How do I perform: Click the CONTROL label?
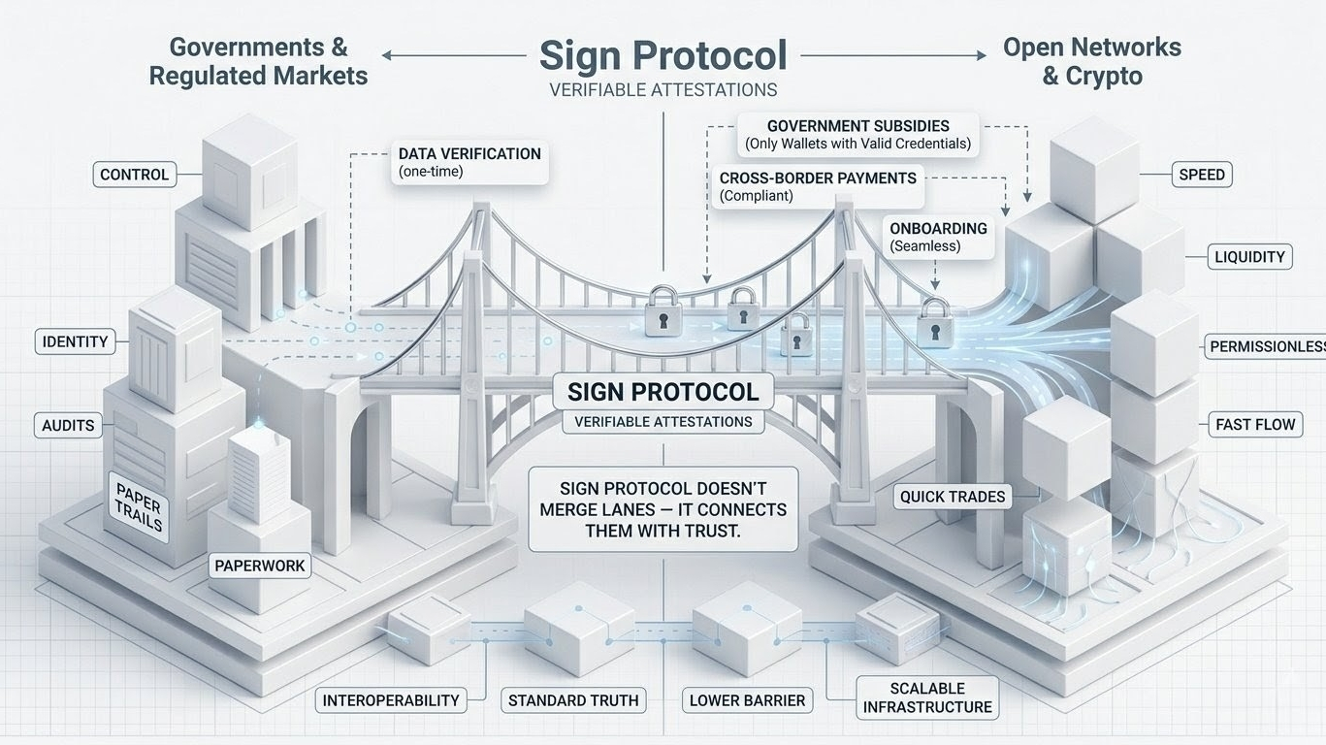coord(135,175)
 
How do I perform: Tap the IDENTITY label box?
coord(75,341)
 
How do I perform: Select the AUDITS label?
coord(68,425)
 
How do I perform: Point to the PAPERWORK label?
coord(260,566)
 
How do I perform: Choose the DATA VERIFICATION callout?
coord(469,162)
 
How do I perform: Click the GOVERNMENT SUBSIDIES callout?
coord(857,135)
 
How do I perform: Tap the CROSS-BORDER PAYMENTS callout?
coord(818,186)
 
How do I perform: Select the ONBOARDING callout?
coord(938,237)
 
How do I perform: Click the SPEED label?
coord(1202,175)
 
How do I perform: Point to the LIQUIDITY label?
coord(1249,257)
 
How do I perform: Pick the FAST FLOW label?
coord(1255,424)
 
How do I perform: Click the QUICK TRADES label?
coord(953,497)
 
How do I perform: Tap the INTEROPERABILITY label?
coord(391,700)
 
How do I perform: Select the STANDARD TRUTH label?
coord(573,700)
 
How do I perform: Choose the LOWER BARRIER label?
coord(747,700)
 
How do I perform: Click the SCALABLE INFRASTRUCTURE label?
coord(927,697)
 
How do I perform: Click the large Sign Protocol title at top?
coord(663,55)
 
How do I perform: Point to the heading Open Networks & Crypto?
coord(1091,61)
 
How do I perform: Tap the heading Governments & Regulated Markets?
coord(258,61)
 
